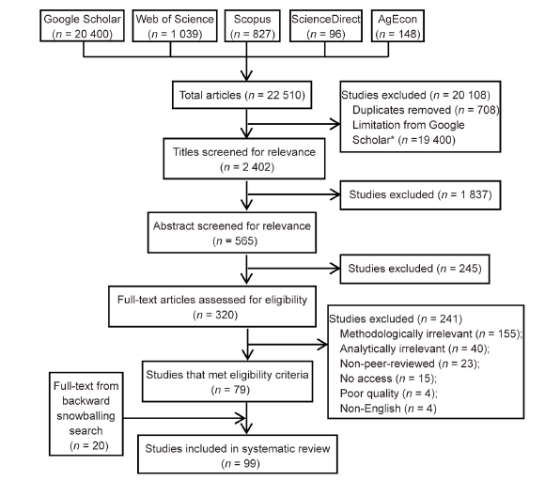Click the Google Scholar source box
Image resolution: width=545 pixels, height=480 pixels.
tap(82, 25)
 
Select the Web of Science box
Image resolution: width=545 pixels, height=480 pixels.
tap(175, 25)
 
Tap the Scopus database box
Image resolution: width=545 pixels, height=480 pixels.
tap(253, 25)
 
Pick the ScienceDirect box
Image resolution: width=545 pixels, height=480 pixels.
tap(326, 25)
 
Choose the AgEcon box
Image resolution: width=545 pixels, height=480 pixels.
tap(397, 25)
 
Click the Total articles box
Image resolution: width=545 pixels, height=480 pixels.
tap(241, 95)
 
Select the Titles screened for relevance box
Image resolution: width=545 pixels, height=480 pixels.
tap(244, 159)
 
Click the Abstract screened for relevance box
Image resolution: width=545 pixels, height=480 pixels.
tap(232, 233)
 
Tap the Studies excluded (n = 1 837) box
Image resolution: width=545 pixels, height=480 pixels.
tap(420, 194)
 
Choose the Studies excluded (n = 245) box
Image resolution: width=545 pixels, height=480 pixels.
tap(414, 269)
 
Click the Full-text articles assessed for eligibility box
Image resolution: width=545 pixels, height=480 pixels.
tap(212, 306)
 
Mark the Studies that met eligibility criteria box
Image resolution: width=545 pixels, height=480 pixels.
tap(227, 381)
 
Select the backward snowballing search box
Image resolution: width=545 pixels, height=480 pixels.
tap(86, 413)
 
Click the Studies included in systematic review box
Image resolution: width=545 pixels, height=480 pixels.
tap(238, 455)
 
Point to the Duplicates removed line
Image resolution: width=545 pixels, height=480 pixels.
tap(426, 110)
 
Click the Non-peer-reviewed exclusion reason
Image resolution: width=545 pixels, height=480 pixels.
tap(410, 364)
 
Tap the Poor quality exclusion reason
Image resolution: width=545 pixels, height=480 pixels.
tap(388, 394)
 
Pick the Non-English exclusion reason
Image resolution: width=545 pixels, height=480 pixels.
tap(388, 409)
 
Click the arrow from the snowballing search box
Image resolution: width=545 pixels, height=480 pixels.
tap(184, 418)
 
